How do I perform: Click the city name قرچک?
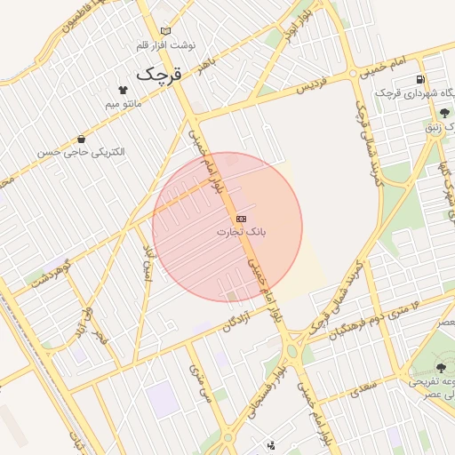pos(160,73)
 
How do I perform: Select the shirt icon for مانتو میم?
pos(123,90)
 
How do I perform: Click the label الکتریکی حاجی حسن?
pos(81,153)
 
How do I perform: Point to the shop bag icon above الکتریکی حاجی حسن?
pos(82,139)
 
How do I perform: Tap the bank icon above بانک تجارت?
pos(241,219)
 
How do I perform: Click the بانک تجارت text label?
pos(241,232)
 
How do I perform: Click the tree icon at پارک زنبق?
pos(443,113)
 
